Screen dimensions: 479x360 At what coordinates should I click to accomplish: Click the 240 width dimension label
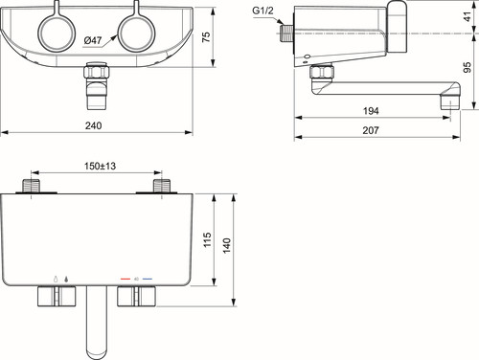(x=93, y=125)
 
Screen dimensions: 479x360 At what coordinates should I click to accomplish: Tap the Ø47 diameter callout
(x=93, y=40)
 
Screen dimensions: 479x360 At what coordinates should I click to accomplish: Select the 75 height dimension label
(x=206, y=36)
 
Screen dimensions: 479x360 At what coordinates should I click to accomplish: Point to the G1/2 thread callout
(x=262, y=11)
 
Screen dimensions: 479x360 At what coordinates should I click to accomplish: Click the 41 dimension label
(x=468, y=16)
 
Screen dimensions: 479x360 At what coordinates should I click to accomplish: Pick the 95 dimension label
(x=468, y=67)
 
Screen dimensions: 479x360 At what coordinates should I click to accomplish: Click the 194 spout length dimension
(x=371, y=111)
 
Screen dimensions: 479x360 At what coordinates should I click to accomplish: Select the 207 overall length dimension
(x=371, y=130)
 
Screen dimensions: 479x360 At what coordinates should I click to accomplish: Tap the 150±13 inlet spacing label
(x=100, y=166)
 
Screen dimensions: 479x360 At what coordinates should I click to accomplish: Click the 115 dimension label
(x=207, y=239)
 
